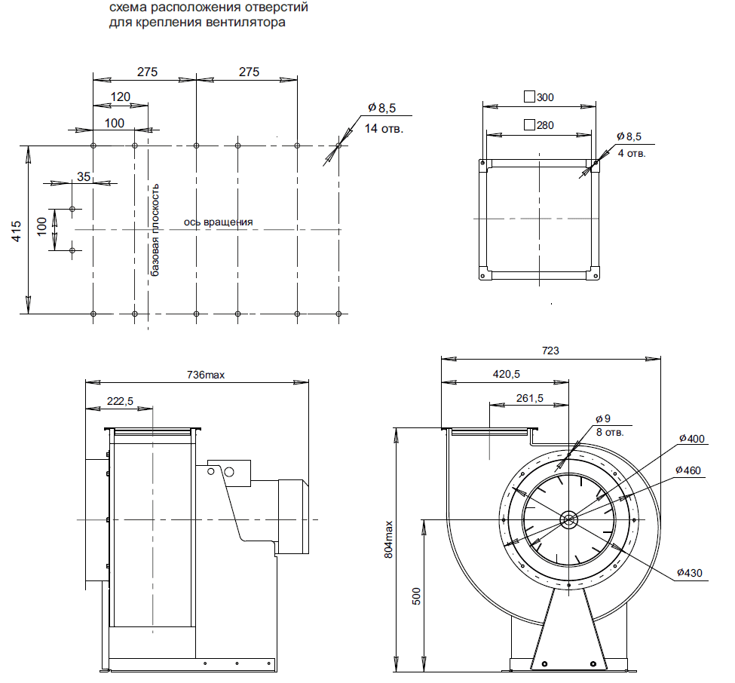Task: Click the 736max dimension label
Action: click(206, 375)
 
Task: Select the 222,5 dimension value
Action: click(120, 401)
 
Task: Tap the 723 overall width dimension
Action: click(550, 351)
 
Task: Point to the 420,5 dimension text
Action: click(507, 374)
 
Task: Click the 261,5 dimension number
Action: click(530, 399)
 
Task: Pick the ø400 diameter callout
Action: click(692, 439)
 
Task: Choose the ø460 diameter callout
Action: click(688, 470)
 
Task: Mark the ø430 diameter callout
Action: click(690, 573)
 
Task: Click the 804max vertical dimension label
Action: click(388, 540)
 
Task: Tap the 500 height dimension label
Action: click(416, 596)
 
